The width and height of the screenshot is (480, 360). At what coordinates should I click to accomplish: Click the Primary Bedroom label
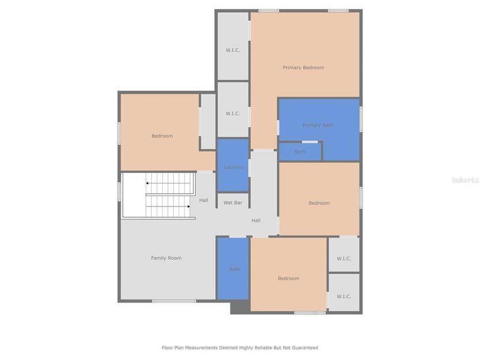point(303,68)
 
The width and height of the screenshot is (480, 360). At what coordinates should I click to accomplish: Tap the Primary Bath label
point(317,125)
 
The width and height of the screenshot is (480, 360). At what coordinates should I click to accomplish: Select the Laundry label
point(233,167)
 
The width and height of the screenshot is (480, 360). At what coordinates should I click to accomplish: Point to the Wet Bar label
point(233,203)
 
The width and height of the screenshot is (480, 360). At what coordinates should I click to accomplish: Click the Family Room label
point(166,258)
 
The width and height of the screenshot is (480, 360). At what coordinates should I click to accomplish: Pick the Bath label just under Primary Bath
point(300,152)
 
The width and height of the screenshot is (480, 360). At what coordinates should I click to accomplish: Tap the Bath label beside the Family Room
point(234,269)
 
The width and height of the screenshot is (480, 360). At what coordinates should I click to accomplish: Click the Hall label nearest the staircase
point(204,200)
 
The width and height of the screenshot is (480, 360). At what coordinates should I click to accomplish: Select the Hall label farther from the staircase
point(256,221)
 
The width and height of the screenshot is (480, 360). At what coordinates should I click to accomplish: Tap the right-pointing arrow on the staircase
point(193,206)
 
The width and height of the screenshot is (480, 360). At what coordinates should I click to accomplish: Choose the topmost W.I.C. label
point(233,50)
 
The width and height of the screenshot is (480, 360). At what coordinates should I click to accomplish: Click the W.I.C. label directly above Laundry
point(233,113)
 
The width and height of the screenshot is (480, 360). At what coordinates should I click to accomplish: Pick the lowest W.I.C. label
point(344,296)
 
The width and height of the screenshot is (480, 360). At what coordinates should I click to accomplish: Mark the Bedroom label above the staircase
point(162,136)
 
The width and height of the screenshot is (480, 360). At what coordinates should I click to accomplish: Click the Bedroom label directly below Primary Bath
point(319,203)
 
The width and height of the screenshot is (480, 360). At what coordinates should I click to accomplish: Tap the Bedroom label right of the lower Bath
point(289,278)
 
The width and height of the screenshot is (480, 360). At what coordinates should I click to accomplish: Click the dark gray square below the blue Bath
point(239,307)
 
